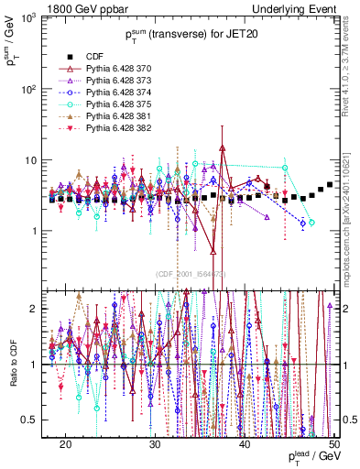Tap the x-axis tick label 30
click(155, 442)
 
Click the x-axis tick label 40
click(245, 442)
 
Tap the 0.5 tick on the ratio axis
click(38, 420)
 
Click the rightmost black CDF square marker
click(330, 185)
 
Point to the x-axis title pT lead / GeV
click(311, 457)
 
